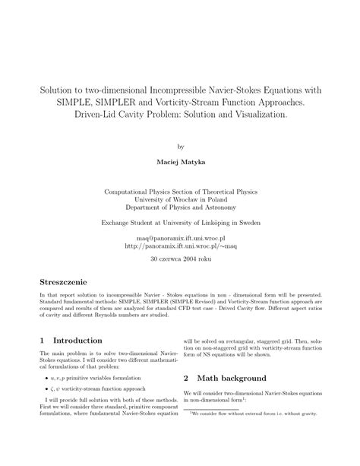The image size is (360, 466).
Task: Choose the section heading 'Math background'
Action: (x=232, y=378)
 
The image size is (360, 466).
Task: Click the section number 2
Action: (x=186, y=378)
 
